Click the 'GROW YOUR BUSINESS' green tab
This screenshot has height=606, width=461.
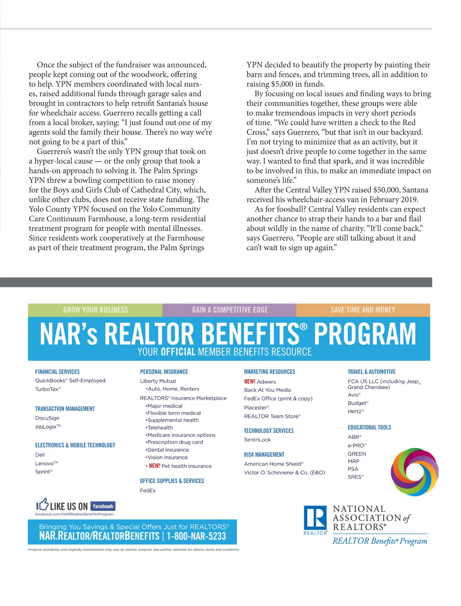[95, 310]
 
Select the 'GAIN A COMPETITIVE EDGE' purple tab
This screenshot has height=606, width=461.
[230, 310]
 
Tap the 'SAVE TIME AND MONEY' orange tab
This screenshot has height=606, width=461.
[363, 310]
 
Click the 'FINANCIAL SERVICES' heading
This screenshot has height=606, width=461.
[57, 372]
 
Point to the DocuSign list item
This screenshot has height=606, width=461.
[47, 418]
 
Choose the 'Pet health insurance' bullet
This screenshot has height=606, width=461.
[186, 466]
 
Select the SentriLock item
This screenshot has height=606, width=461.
[257, 440]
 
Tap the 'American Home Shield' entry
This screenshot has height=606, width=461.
[273, 464]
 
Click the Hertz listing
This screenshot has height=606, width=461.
[355, 411]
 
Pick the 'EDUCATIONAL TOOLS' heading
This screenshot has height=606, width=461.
[369, 427]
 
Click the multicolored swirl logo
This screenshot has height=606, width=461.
[414, 472]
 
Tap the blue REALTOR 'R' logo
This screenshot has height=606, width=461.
[315, 518]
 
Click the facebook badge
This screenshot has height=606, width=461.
[103, 506]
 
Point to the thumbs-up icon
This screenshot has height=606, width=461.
[42, 504]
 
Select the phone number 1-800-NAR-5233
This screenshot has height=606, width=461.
[196, 536]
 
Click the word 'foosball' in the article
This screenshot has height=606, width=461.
[288, 209]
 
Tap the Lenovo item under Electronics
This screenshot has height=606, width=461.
[46, 464]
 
